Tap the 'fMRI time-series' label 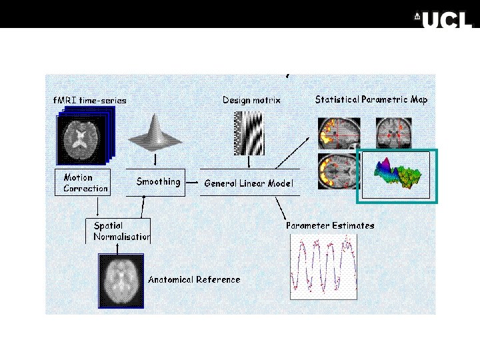pyautogui.click(x=90, y=100)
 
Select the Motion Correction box pyautogui.click(x=81, y=182)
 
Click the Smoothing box pyautogui.click(x=158, y=181)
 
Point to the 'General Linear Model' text pyautogui.click(x=249, y=183)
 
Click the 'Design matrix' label pyautogui.click(x=251, y=100)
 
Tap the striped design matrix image pyautogui.click(x=249, y=133)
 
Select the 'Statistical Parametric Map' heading pyautogui.click(x=371, y=99)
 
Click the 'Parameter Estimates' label pyautogui.click(x=330, y=225)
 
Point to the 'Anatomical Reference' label pyautogui.click(x=194, y=279)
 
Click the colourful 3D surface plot pyautogui.click(x=397, y=175)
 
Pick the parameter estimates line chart pyautogui.click(x=323, y=266)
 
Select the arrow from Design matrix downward pyautogui.click(x=249, y=162)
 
